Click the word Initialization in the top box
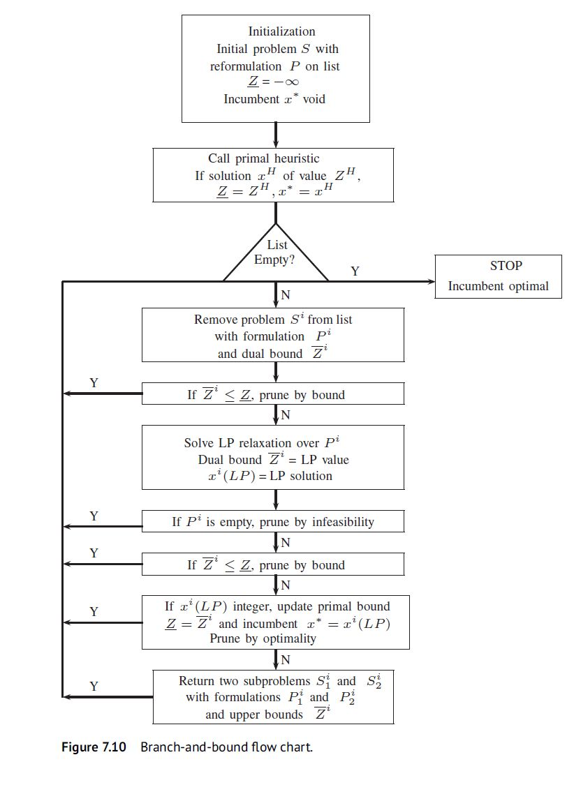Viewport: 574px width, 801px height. tap(281, 31)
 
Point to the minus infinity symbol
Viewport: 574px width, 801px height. tap(286, 82)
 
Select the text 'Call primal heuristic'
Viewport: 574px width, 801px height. tap(263, 158)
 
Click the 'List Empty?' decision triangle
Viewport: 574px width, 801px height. tap(277, 255)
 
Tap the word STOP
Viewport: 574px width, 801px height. tap(506, 266)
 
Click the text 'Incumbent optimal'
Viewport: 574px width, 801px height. tap(498, 286)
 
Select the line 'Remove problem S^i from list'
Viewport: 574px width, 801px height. tap(273, 320)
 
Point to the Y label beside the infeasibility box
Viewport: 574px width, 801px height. tap(94, 516)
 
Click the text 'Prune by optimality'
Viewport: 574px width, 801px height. tap(262, 638)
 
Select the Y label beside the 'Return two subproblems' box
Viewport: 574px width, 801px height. tap(94, 686)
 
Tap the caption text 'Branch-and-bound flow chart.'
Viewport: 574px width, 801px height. tap(226, 747)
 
